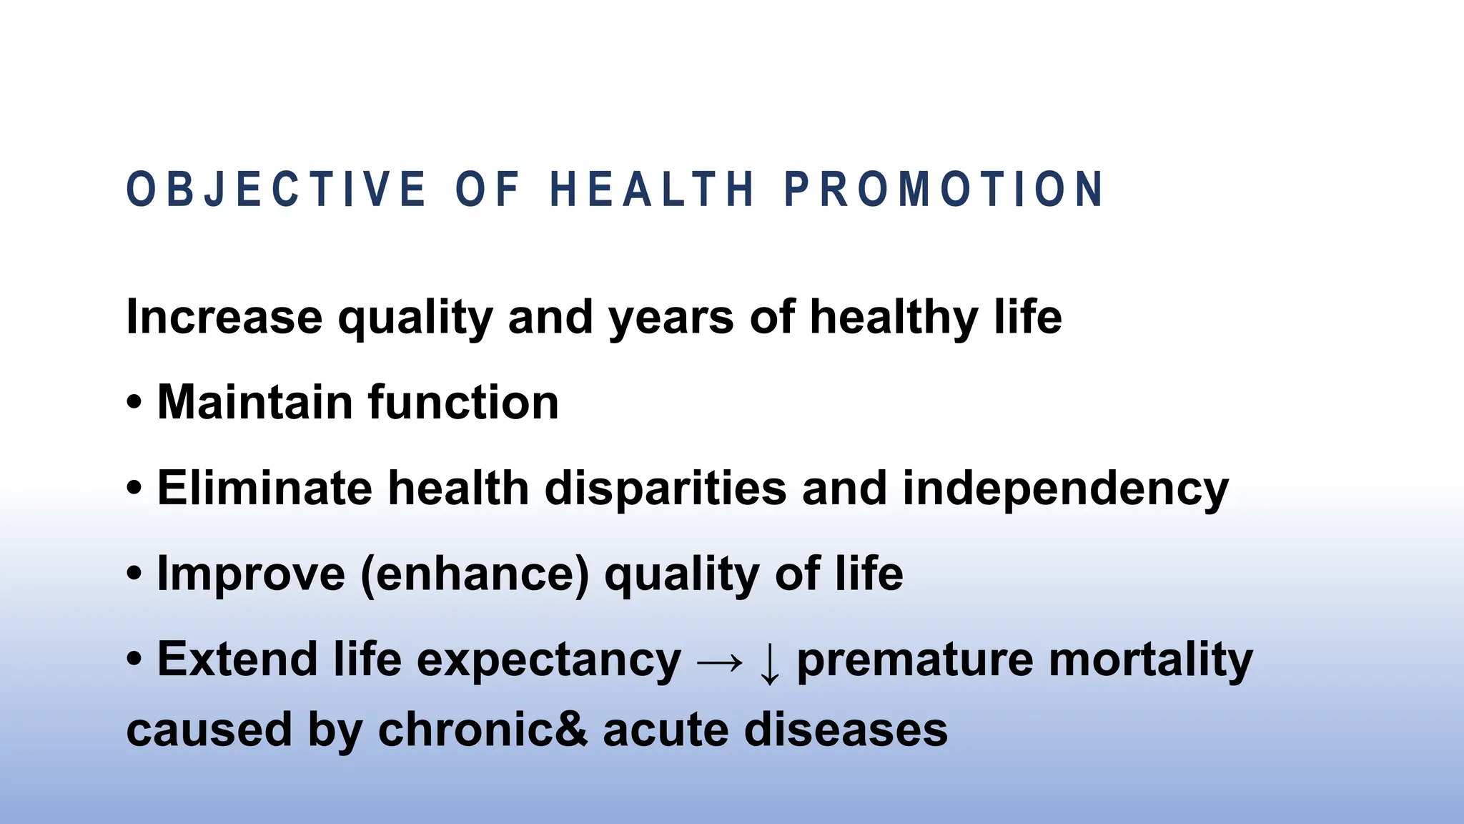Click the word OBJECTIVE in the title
coord(276,190)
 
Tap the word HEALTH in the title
coord(652,190)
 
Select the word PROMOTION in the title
coord(944,190)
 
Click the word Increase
coord(224,317)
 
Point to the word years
coord(670,317)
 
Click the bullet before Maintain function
coord(134,403)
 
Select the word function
coord(463,402)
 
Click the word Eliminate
coord(264,488)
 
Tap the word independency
coord(1065,489)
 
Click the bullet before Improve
coord(134,574)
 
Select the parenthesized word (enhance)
coord(475,574)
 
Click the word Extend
coord(237,659)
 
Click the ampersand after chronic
coord(572,730)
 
